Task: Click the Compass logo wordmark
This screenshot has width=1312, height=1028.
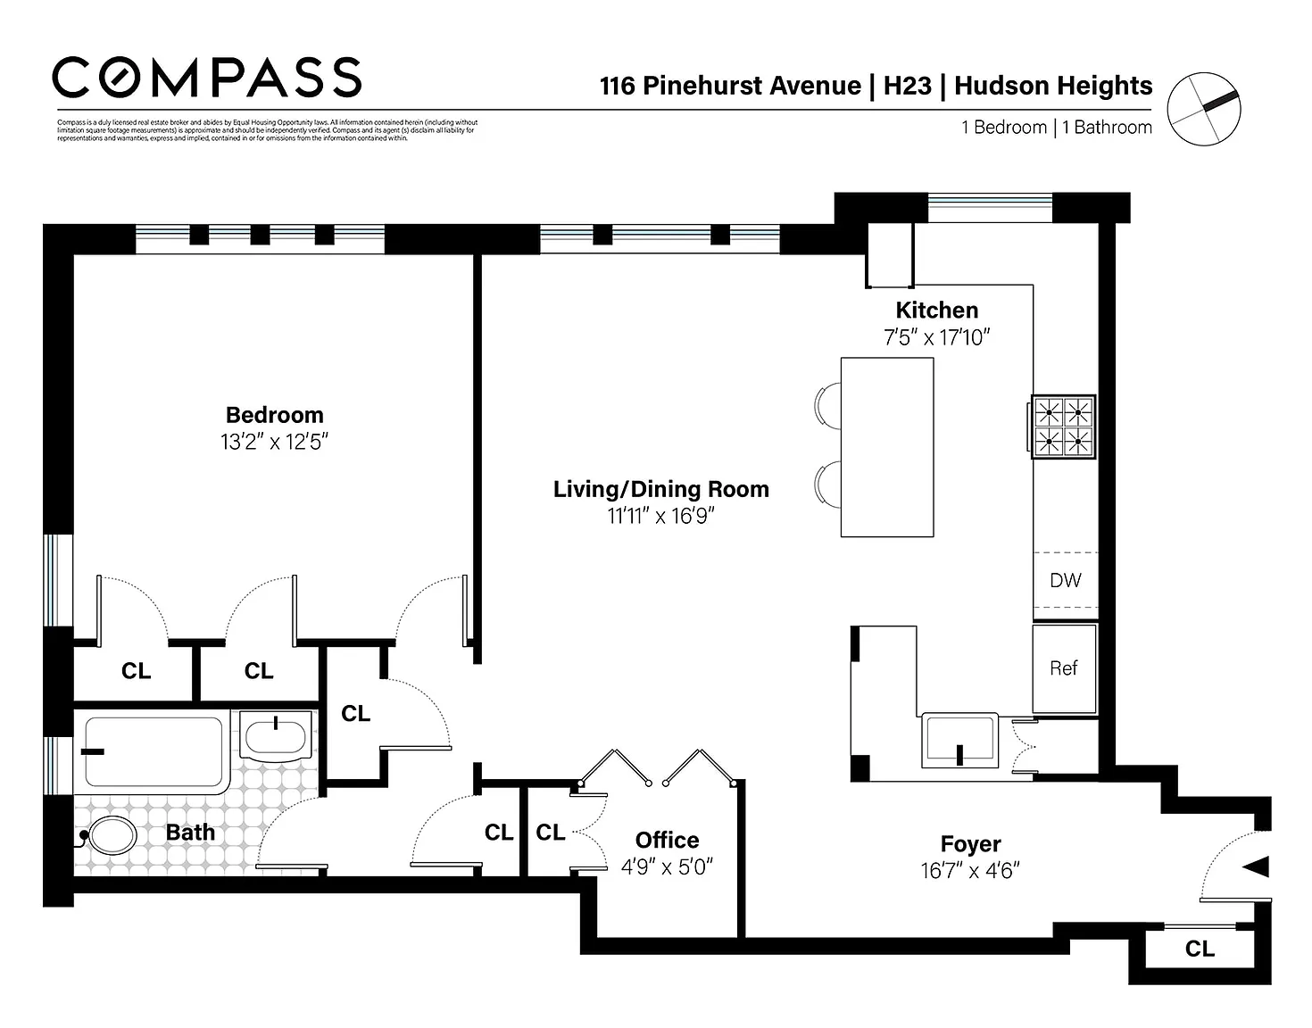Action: click(207, 78)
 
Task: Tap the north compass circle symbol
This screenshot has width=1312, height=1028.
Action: click(1204, 109)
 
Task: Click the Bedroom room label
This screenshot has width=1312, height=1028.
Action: click(274, 415)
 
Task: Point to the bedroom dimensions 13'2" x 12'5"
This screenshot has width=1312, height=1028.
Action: click(274, 442)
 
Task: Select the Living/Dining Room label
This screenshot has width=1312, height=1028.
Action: click(660, 489)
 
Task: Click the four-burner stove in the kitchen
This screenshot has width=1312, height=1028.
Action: click(1063, 427)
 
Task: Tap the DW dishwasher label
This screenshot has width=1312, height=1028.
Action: click(1065, 581)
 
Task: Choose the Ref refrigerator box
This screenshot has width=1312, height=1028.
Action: click(1064, 668)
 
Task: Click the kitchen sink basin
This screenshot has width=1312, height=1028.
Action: click(959, 740)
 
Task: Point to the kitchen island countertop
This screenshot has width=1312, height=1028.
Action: click(887, 447)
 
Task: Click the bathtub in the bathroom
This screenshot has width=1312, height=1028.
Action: click(153, 751)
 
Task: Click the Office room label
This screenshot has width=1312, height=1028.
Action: click(667, 841)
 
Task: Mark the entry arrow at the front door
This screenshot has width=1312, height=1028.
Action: click(1256, 866)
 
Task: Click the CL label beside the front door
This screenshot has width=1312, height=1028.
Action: click(1200, 949)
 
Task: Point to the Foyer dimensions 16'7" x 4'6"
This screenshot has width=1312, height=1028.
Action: click(970, 871)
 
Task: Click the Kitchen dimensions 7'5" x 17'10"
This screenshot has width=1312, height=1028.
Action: click(936, 337)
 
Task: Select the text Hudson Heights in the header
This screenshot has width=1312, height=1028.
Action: click(1053, 86)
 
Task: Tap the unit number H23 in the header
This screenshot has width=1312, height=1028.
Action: click(907, 86)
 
